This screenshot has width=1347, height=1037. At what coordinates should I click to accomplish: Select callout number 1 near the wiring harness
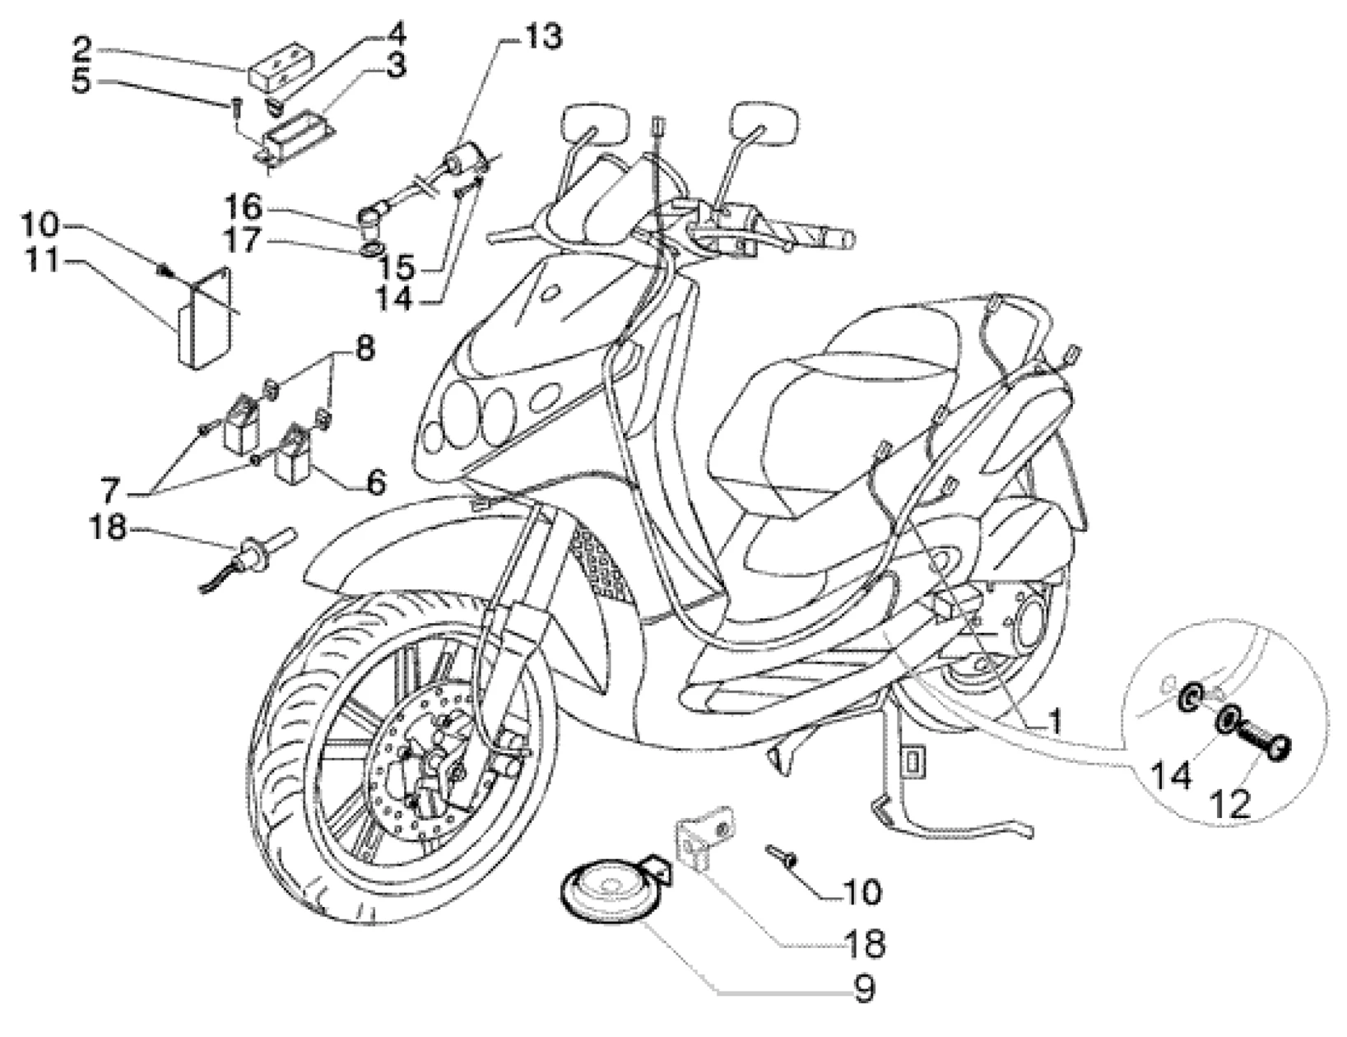pyautogui.click(x=1054, y=722)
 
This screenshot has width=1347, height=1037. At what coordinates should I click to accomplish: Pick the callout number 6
pyautogui.click(x=374, y=482)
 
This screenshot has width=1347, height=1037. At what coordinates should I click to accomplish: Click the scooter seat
pyautogui.click(x=823, y=387)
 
